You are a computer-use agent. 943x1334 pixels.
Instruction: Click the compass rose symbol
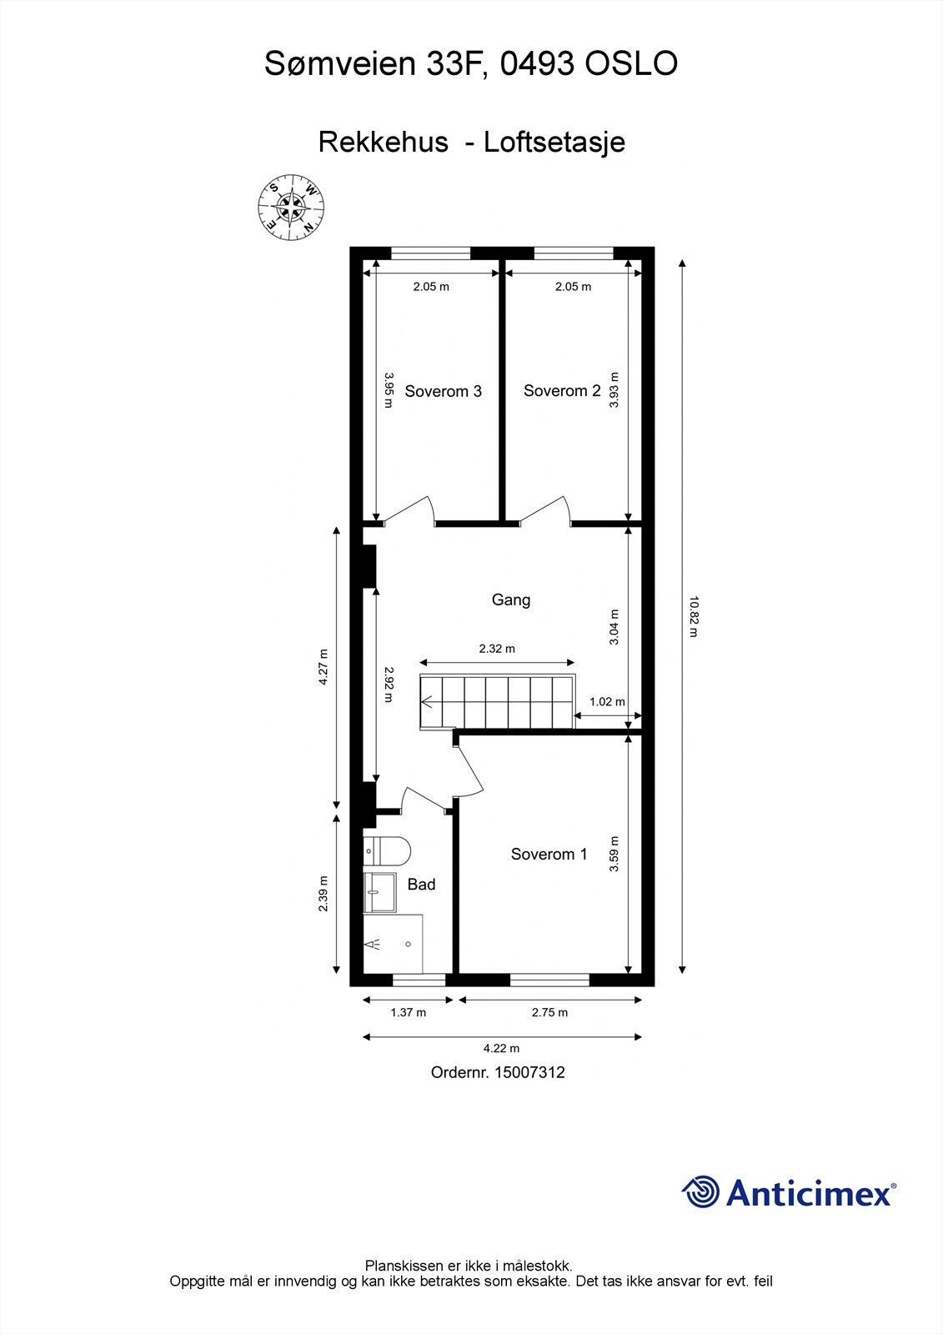tap(290, 205)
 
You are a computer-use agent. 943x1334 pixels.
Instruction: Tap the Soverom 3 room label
tap(443, 391)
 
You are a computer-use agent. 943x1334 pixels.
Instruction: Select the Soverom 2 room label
tap(561, 390)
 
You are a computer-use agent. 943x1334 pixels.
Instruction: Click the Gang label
tap(510, 599)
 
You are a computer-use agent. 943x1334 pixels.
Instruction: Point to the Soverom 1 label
tap(549, 854)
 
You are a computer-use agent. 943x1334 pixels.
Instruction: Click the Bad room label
tap(421, 885)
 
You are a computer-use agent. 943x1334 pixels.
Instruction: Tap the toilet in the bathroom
tap(388, 851)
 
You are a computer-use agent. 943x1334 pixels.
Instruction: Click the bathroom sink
tap(379, 892)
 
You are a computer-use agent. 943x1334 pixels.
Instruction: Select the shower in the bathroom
tap(393, 943)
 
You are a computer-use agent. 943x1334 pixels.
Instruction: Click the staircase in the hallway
tap(497, 701)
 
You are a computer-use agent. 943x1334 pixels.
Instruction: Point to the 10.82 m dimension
tap(693, 616)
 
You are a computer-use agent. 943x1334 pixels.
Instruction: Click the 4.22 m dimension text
tap(502, 1049)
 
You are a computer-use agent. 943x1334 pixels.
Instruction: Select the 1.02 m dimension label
tap(606, 702)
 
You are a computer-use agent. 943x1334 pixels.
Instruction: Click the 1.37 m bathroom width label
tap(408, 1013)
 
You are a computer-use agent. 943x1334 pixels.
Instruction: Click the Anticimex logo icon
tap(700, 1192)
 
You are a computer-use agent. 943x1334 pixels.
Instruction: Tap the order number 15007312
tap(529, 1072)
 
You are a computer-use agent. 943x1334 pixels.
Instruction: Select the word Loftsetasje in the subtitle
tap(554, 143)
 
